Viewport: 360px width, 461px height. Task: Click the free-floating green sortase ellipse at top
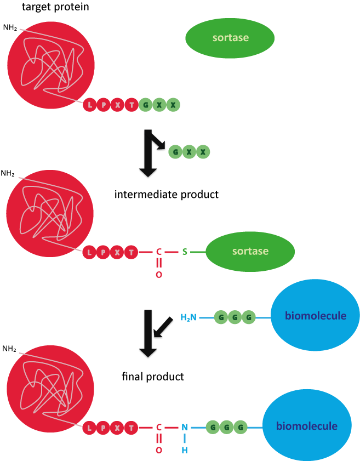point(230,38)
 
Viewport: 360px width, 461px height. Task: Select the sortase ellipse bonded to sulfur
point(250,252)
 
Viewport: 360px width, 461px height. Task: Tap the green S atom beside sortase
point(185,252)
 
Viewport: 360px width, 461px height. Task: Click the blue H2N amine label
point(188,317)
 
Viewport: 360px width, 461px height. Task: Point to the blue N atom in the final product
point(185,427)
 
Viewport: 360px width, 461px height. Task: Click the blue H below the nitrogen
point(185,450)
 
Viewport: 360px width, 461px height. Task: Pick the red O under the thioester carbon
point(159,275)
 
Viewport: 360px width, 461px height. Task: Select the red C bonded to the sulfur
point(159,252)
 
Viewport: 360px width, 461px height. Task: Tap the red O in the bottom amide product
point(159,450)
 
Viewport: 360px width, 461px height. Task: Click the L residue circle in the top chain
point(90,105)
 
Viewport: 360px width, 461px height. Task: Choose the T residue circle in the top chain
point(132,105)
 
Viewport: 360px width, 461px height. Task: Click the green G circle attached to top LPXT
point(145,105)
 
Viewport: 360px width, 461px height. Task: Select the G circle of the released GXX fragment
point(175,152)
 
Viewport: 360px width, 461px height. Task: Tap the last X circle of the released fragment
point(203,152)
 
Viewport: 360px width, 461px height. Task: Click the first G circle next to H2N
point(221,317)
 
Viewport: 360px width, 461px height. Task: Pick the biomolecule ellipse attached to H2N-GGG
point(315,315)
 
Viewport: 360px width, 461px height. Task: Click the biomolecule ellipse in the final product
point(306,426)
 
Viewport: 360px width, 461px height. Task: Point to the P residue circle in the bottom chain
point(103,427)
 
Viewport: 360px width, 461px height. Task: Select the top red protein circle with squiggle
point(51,65)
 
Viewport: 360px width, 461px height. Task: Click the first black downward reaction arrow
point(148,153)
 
